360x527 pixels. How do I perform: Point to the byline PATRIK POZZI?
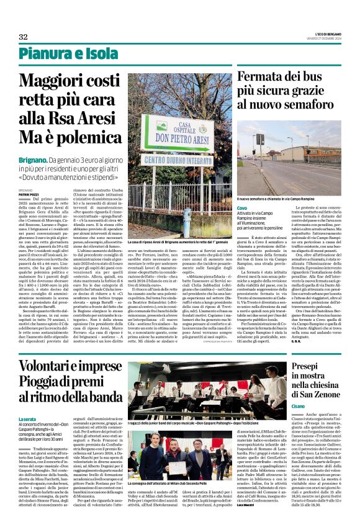click(29, 193)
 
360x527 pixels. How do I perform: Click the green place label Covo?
click(242, 207)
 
